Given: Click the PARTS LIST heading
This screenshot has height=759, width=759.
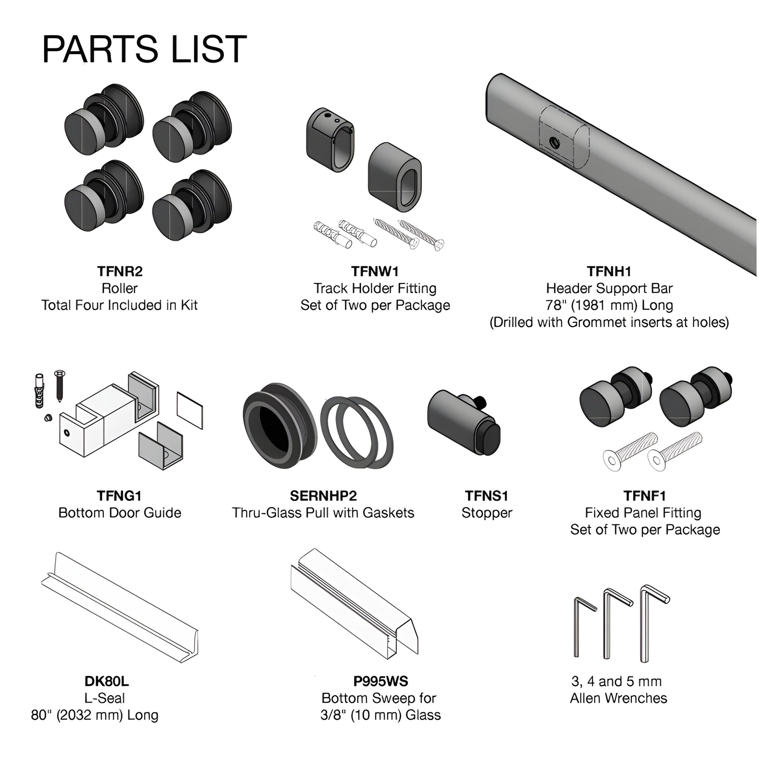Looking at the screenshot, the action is coord(144,50).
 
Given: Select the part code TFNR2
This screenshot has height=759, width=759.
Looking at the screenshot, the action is coord(120,271).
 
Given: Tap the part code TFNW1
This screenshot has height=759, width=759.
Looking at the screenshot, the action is coord(375,271).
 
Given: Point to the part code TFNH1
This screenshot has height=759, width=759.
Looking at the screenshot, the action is coord(609,271).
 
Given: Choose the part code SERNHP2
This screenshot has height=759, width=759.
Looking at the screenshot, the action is coord(323,496).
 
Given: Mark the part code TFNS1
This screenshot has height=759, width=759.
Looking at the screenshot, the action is coord(487,496).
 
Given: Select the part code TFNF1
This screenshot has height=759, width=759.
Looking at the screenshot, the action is coord(645,496).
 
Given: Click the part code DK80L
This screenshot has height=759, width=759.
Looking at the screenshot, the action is coord(106,681).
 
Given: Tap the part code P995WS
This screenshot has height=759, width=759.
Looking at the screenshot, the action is coord(381,681).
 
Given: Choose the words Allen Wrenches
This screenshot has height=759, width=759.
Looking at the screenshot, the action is coord(618,698).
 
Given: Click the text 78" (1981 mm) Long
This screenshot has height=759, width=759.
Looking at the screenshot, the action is coord(609,305).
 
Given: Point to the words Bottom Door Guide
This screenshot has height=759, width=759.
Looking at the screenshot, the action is coord(120,513).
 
